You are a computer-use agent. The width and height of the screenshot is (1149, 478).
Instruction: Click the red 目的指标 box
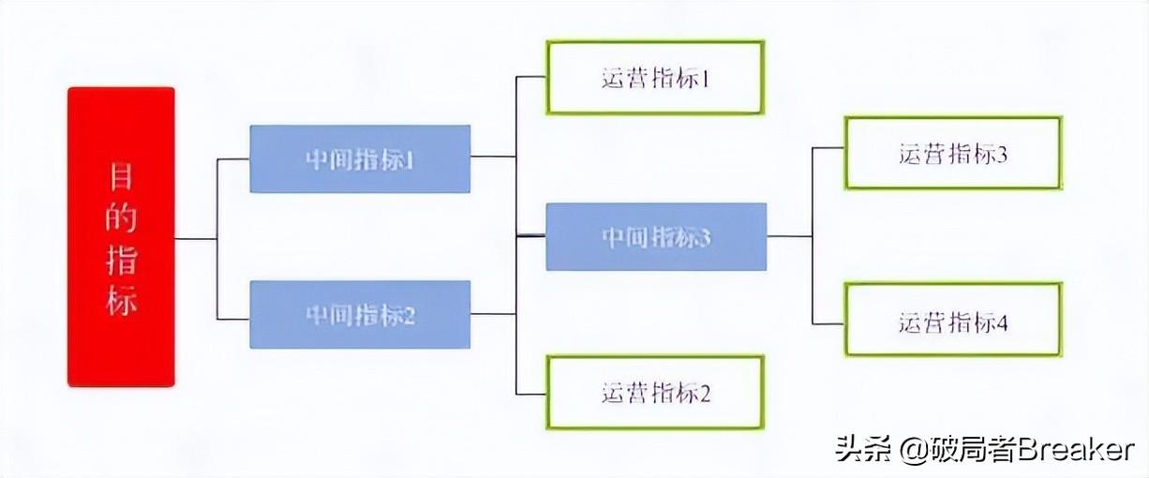[x=121, y=236]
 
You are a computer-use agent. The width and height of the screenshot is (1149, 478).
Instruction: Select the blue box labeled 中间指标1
[x=360, y=159]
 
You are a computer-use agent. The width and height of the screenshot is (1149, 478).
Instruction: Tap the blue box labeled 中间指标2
[x=360, y=314]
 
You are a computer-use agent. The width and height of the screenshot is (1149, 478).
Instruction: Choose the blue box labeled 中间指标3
[x=656, y=237]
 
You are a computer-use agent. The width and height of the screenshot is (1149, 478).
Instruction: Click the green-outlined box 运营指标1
[x=655, y=77]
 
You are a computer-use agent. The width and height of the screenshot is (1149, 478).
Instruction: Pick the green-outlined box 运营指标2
[x=655, y=392]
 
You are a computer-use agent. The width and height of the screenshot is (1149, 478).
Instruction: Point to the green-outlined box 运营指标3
[x=953, y=154]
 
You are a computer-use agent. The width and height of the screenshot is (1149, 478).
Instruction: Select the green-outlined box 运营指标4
[x=953, y=322]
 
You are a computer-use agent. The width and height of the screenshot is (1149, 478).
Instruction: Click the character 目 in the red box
[x=121, y=176]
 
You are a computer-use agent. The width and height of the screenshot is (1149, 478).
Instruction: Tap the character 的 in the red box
[x=121, y=218]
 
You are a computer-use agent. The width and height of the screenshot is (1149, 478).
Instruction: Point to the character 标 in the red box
[x=121, y=301]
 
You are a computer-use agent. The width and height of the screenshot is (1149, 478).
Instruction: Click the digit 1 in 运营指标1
[x=706, y=78]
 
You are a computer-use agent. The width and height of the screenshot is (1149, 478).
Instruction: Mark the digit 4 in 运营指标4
[x=1003, y=323]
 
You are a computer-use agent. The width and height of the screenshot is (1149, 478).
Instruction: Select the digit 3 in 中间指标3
[x=706, y=238]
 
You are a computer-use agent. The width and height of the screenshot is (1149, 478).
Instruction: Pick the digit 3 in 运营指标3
[x=1003, y=155]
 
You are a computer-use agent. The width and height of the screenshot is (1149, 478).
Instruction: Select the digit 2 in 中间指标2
[x=409, y=315]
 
